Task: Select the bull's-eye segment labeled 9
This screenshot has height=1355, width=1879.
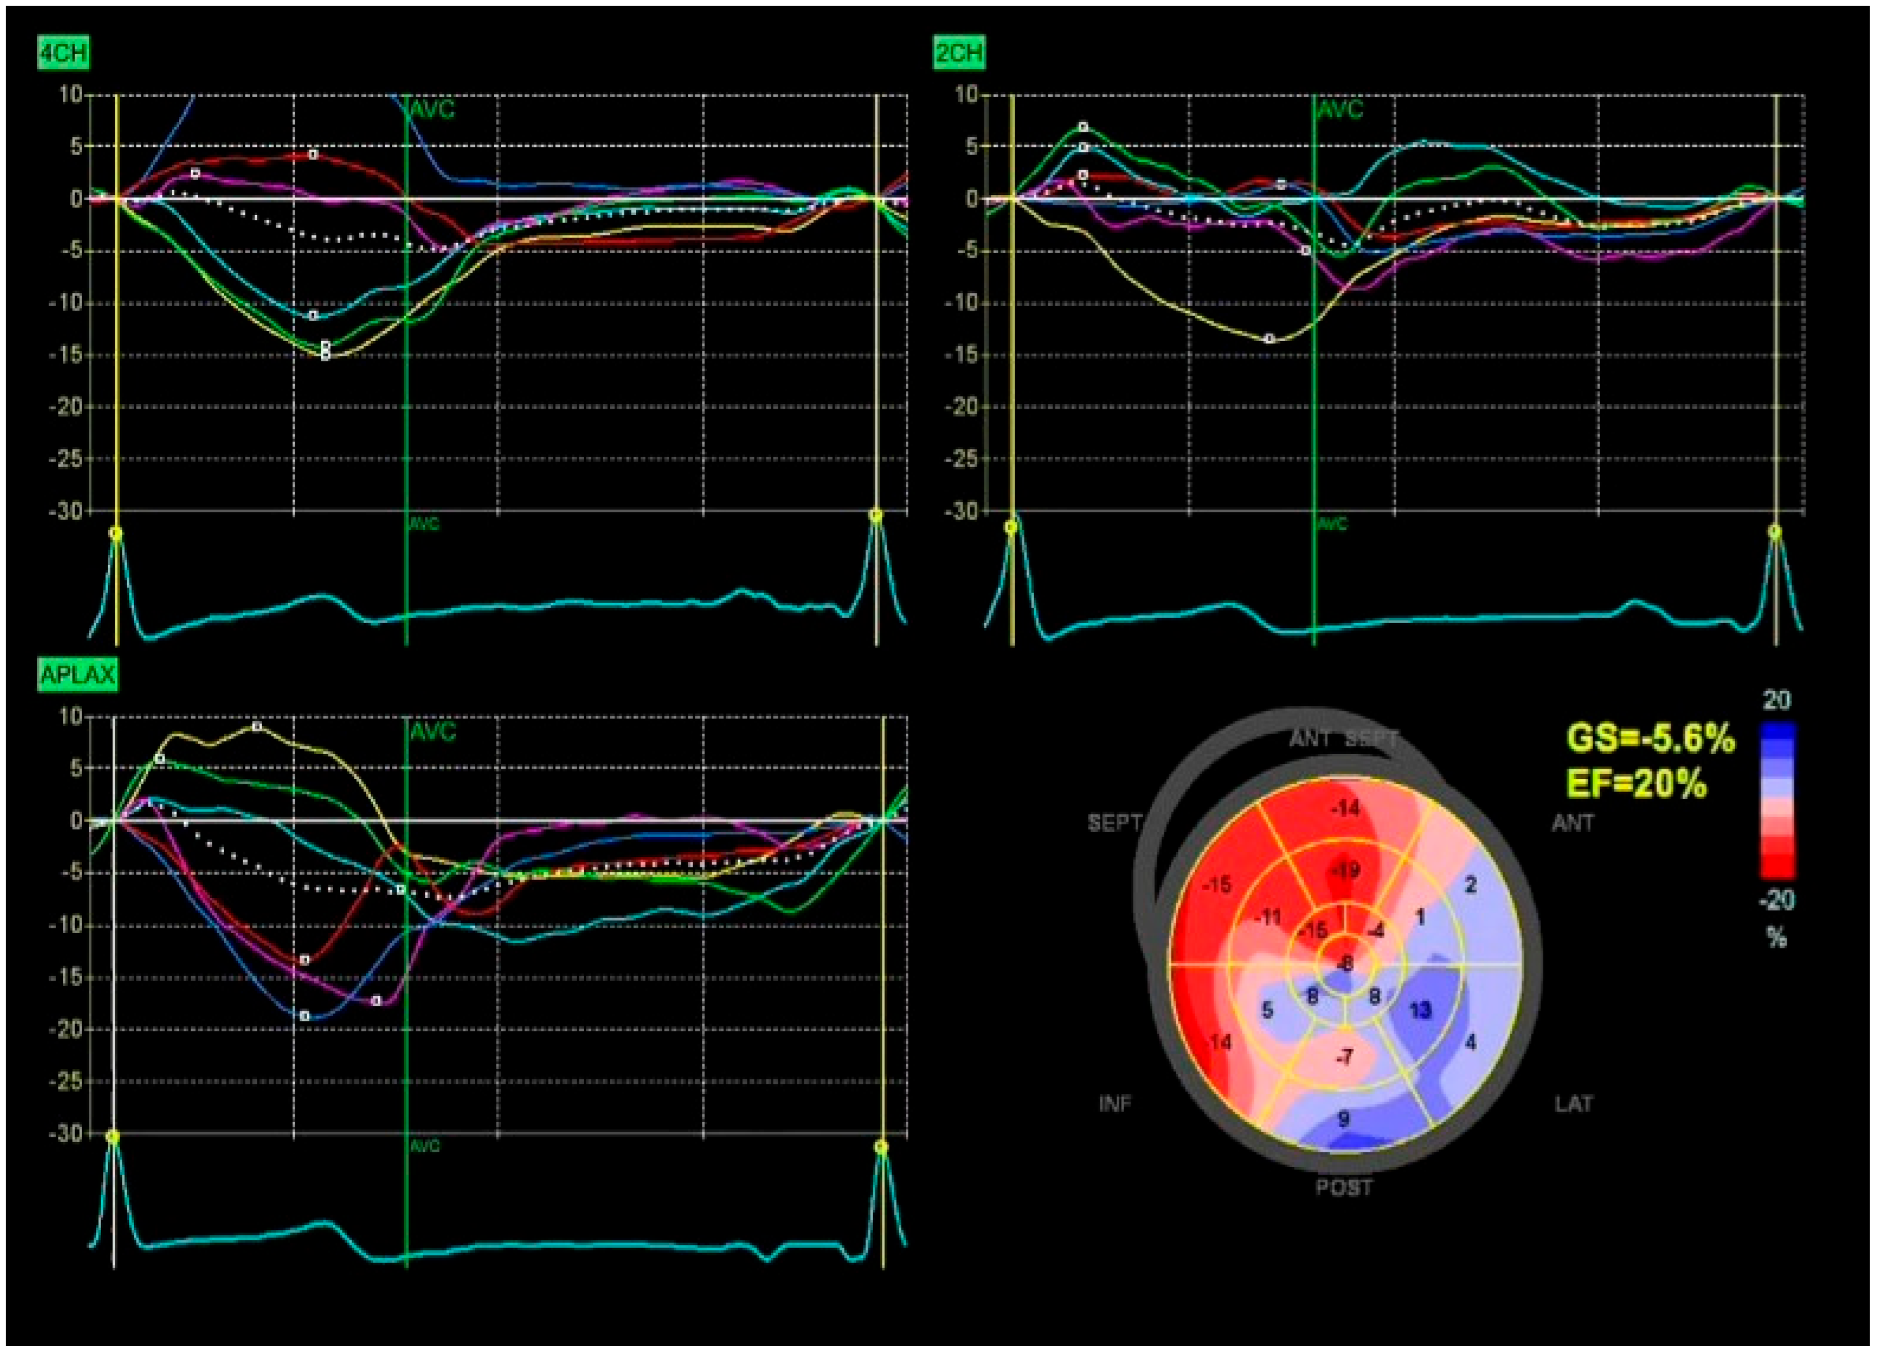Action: point(1344,1119)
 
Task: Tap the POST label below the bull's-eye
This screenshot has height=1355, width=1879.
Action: point(1344,1188)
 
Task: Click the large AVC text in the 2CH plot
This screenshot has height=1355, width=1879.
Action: point(1340,110)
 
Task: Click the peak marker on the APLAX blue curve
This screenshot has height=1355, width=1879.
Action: point(305,1015)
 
